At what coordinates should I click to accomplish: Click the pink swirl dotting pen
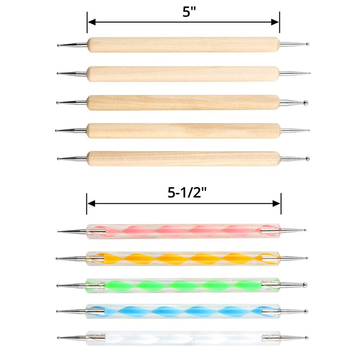tap(183, 231)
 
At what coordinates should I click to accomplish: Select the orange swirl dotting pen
tap(183, 258)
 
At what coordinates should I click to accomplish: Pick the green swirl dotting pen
tap(183, 285)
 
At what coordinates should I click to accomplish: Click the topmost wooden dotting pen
tap(183, 45)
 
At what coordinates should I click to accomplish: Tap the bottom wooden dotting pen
tap(183, 158)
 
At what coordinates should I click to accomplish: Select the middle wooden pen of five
tap(183, 102)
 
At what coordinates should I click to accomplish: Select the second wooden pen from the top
tap(183, 73)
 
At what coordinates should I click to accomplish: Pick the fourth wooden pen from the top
tap(183, 130)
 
